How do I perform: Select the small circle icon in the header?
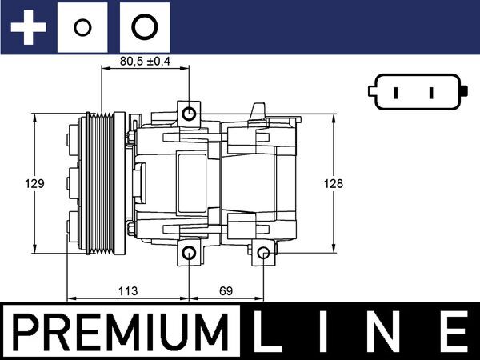[81, 28]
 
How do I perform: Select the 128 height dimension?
[334, 183]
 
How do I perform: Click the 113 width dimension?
[129, 290]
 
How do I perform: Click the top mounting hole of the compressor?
[189, 114]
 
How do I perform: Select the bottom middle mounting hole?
[189, 254]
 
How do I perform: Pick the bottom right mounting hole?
[263, 254]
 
